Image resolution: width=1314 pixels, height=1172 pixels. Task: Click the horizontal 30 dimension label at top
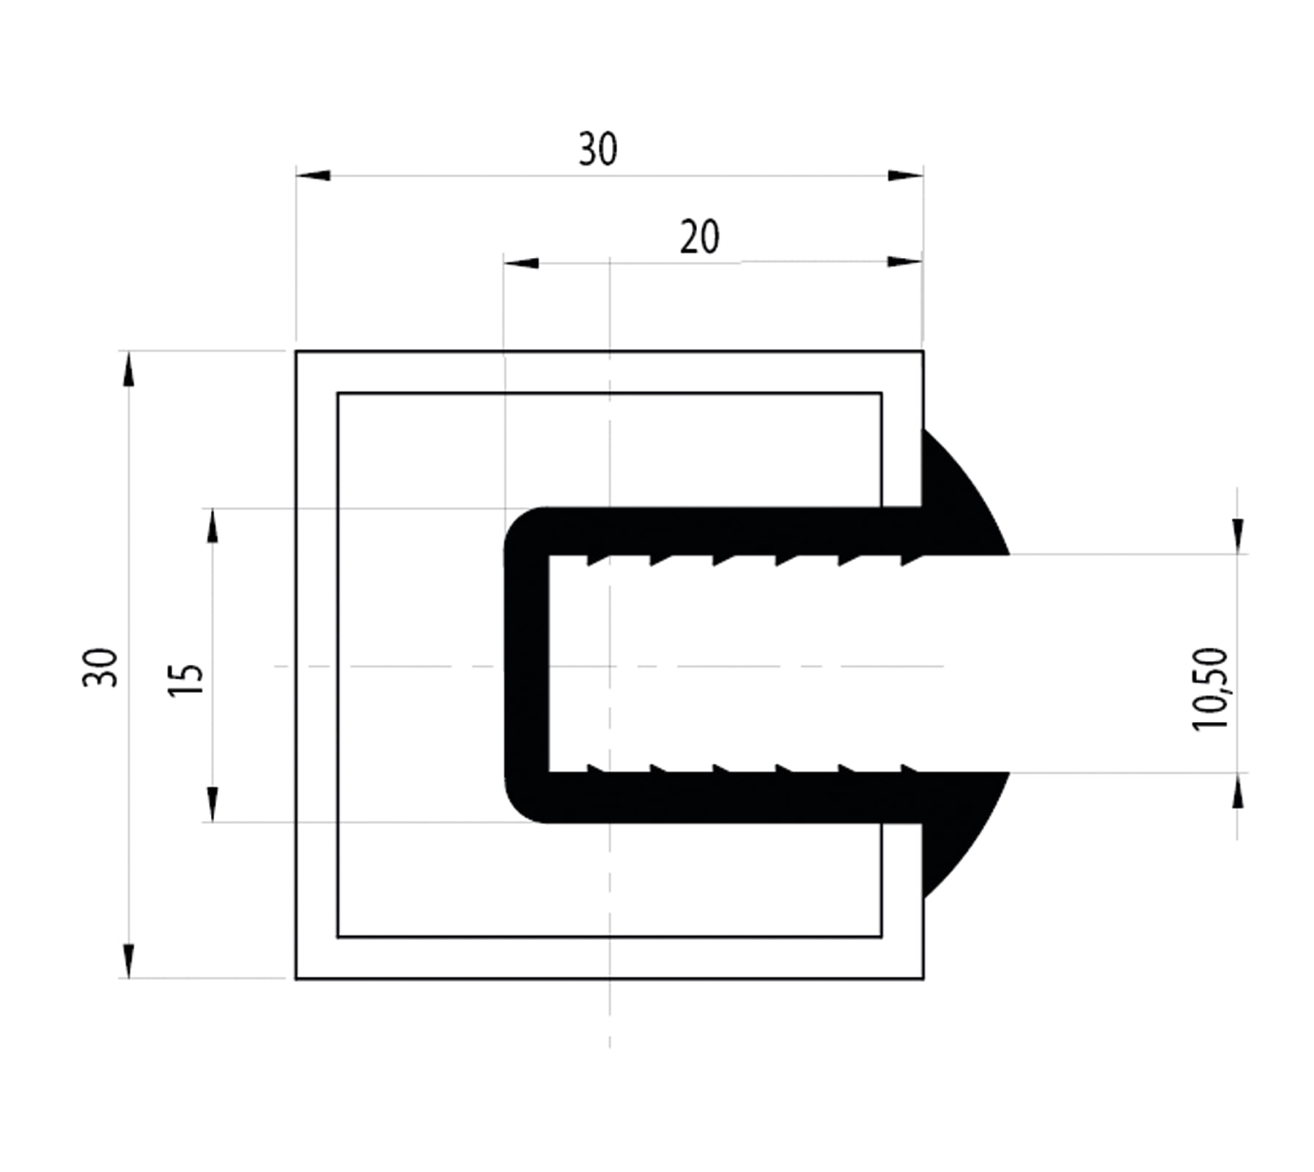pyautogui.click(x=597, y=149)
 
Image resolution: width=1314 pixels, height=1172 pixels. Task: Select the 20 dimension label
pyautogui.click(x=699, y=237)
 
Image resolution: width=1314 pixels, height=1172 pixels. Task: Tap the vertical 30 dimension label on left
pyautogui.click(x=100, y=667)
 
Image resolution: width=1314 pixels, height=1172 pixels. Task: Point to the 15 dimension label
pyautogui.click(x=185, y=680)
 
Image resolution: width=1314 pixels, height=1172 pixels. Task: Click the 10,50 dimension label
pyautogui.click(x=1209, y=689)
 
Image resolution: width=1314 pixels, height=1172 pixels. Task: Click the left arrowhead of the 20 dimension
pyautogui.click(x=521, y=262)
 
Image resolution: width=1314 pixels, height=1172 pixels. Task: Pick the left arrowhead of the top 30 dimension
pyautogui.click(x=313, y=175)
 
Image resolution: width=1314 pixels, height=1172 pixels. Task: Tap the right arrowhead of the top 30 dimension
pyautogui.click(x=905, y=175)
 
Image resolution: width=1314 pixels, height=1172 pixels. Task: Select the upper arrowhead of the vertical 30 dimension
pyautogui.click(x=129, y=369)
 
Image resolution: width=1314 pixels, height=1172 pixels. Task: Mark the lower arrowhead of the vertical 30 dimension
pyautogui.click(x=129, y=960)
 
